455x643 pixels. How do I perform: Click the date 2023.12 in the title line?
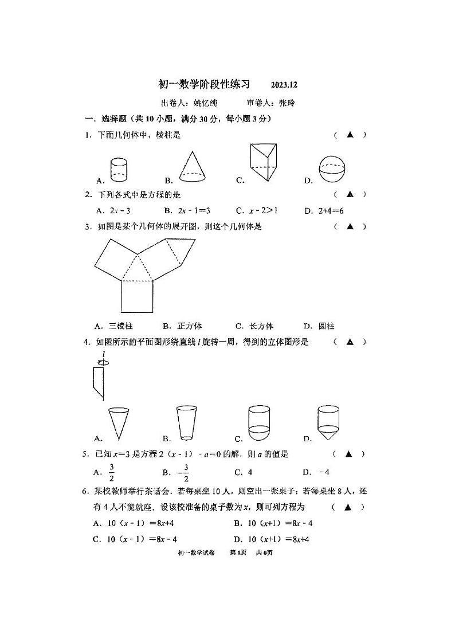tap(285, 85)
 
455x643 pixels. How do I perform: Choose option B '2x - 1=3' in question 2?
tap(192, 210)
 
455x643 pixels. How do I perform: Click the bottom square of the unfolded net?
tap(137, 296)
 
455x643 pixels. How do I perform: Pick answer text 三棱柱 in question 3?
tap(121, 326)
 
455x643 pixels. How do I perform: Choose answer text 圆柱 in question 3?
tap(327, 326)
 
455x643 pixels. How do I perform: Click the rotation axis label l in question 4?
tap(103, 354)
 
